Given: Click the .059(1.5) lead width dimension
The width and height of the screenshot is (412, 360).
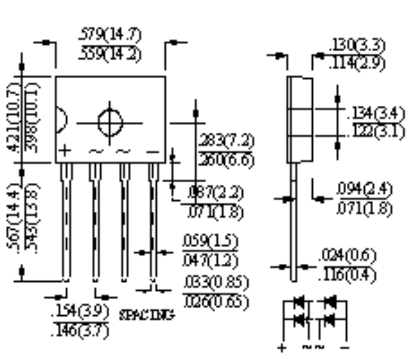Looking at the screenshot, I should [210, 242].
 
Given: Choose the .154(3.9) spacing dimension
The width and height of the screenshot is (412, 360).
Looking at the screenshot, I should [81, 313].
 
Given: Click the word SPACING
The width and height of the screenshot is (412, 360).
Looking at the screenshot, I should [147, 315].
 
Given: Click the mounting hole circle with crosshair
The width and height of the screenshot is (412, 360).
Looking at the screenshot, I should [110, 124].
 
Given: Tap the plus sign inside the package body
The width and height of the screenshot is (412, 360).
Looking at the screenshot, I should [64, 151].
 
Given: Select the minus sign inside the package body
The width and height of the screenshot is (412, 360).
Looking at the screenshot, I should [152, 152].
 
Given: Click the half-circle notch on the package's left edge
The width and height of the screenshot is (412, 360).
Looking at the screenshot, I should [60, 120].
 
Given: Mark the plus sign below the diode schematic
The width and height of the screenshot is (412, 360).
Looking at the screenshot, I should [283, 347].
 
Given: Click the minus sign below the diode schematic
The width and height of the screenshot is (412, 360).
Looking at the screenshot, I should [345, 347].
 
